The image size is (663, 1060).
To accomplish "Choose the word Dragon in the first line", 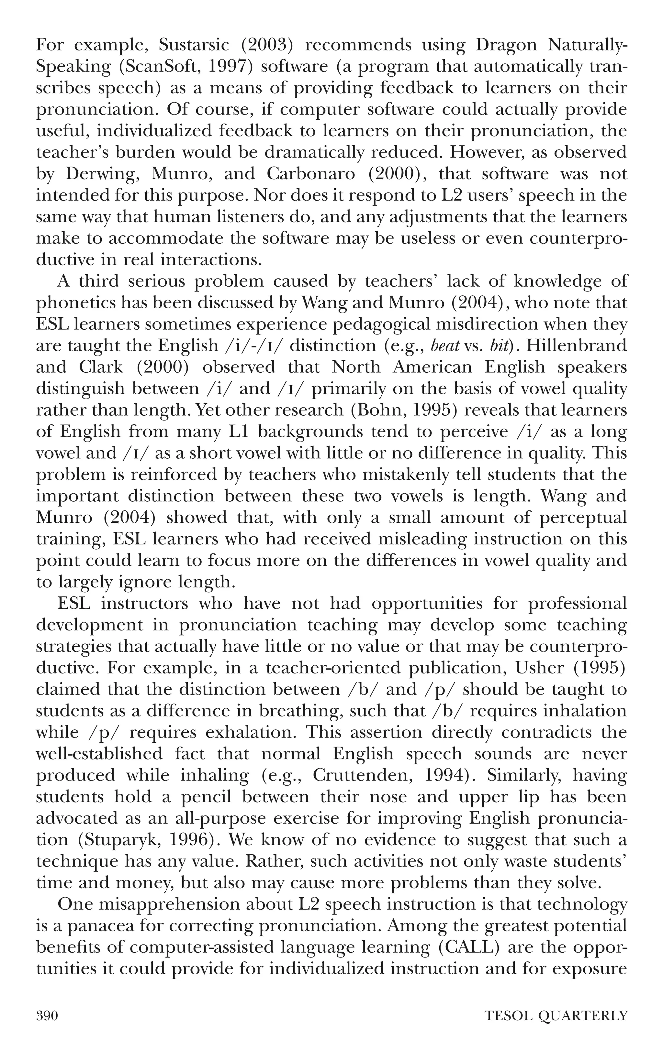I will pos(505,45).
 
